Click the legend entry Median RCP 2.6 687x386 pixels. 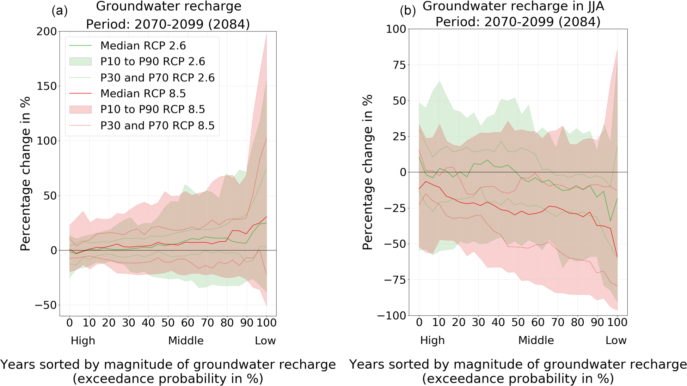pos(143,46)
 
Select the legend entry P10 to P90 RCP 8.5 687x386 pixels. pos(152,109)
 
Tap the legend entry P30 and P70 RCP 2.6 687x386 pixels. pos(157,78)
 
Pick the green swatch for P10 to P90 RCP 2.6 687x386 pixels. pos(80,61)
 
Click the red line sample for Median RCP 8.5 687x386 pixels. pos(80,94)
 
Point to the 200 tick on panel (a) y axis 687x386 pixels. pos(47,31)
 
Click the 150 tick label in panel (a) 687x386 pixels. pos(47,86)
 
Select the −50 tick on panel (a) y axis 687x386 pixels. pos(45,305)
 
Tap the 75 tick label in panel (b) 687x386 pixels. pos(398,65)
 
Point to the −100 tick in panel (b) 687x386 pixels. pos(392,315)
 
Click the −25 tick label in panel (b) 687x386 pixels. pos(394,208)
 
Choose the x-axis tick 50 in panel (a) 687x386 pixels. pos(168,322)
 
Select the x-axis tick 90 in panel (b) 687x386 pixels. pos(597,322)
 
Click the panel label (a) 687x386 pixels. pos(60,11)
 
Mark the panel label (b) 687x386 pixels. pos(407,11)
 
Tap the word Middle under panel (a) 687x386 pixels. pos(186,341)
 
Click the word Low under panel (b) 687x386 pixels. pos(616,340)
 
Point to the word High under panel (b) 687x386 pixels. pos(432,340)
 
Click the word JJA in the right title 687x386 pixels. pos(591,6)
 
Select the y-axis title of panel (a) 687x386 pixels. pos(25,174)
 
